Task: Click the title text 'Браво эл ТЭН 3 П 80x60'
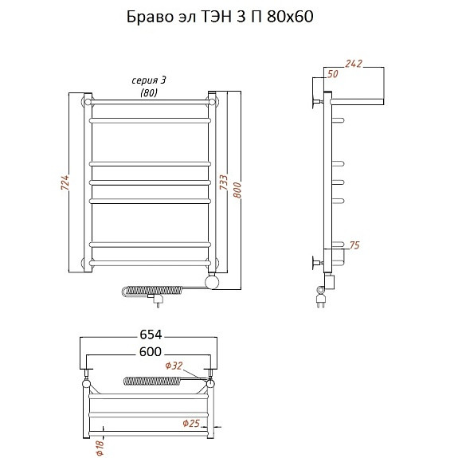tap(220, 17)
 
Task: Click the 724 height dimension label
tap(65, 182)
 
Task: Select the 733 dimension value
tap(224, 182)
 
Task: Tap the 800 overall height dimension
tap(237, 190)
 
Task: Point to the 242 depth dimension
tap(354, 64)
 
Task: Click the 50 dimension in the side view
tap(333, 74)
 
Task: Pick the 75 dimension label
tap(354, 245)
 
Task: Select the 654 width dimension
tap(151, 335)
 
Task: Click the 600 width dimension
tap(151, 352)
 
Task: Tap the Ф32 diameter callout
tap(174, 366)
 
